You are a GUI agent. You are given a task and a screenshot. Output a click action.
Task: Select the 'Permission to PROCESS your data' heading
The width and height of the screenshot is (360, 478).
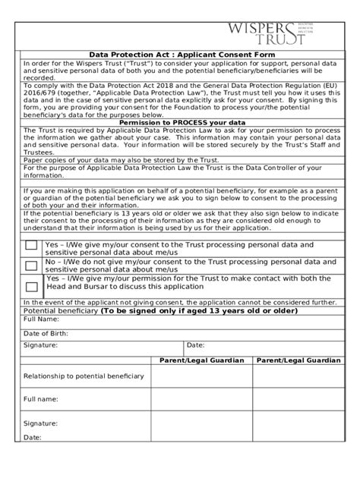pos(180,122)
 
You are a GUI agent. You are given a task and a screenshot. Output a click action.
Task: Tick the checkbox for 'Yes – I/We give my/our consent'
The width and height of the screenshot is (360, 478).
pos(31,247)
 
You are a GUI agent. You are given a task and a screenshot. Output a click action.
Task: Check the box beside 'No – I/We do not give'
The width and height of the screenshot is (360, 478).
pos(31,266)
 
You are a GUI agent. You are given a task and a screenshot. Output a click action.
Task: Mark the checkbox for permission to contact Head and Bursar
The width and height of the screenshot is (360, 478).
pos(31,287)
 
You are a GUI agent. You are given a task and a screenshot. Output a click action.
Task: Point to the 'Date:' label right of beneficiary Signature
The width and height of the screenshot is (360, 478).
pos(196,344)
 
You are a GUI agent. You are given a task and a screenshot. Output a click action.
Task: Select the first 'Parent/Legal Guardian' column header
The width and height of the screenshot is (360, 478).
pos(201,360)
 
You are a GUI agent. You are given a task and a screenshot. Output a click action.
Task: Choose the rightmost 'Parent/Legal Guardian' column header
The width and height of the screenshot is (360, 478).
pos(298,360)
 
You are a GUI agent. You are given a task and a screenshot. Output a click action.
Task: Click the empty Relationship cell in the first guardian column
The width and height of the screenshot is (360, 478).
pos(201,376)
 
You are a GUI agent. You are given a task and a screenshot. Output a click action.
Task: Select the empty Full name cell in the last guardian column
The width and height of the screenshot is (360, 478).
pos(298,398)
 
